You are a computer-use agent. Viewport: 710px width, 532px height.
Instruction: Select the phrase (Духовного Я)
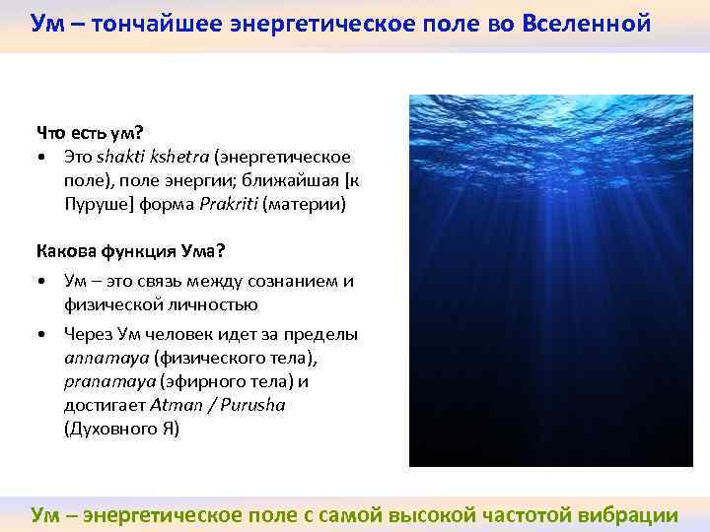click(122, 431)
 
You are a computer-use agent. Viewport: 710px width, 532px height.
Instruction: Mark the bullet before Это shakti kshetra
click(41, 158)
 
